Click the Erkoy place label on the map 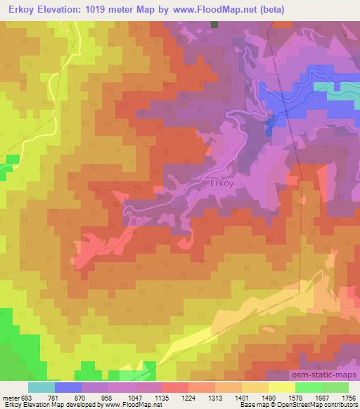click(x=222, y=184)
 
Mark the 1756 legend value click(x=349, y=397)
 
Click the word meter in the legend click(x=10, y=397)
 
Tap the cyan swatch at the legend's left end click(x=41, y=387)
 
